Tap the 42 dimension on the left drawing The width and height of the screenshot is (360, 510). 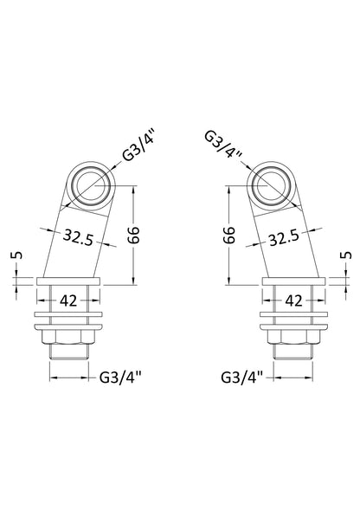[69, 300]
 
